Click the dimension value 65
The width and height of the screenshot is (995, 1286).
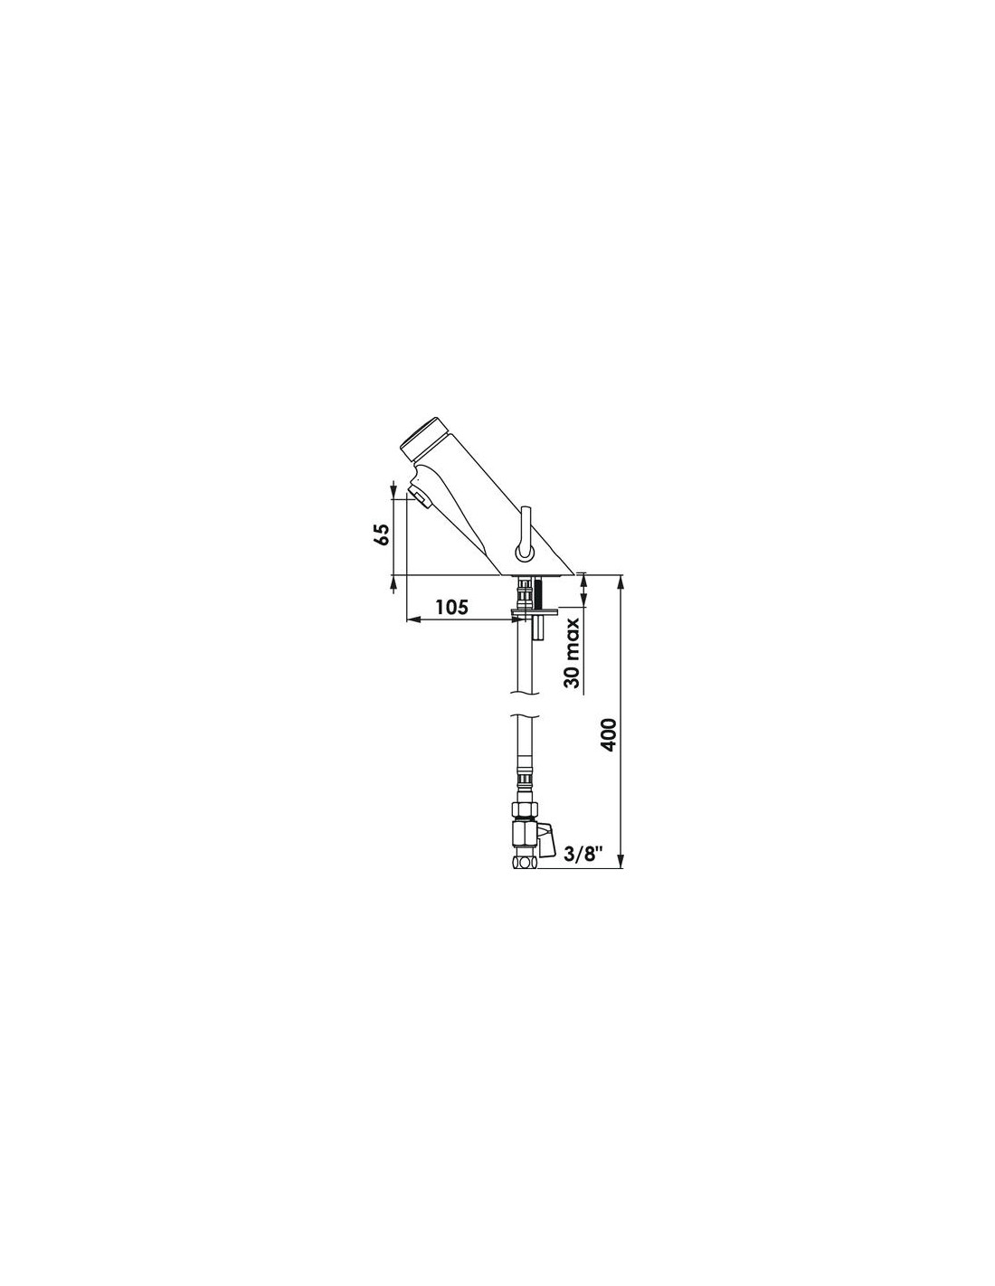coord(383,535)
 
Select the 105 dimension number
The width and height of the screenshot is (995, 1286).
coord(452,607)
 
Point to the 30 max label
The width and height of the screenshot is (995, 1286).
coord(573,653)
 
